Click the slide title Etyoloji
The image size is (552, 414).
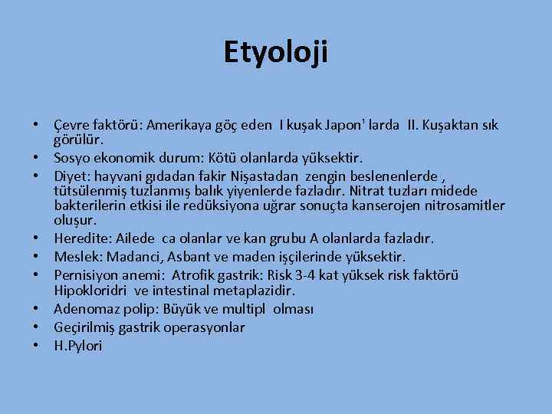pyautogui.click(x=275, y=52)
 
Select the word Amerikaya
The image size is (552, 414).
pyautogui.click(x=177, y=125)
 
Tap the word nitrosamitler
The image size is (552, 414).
pyautogui.click(x=459, y=205)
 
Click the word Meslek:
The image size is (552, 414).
pyautogui.click(x=76, y=257)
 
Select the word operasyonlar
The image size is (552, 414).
pyautogui.click(x=209, y=327)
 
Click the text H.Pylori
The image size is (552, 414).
pyautogui.click(x=77, y=346)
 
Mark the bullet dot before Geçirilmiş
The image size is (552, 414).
pyautogui.click(x=36, y=327)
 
